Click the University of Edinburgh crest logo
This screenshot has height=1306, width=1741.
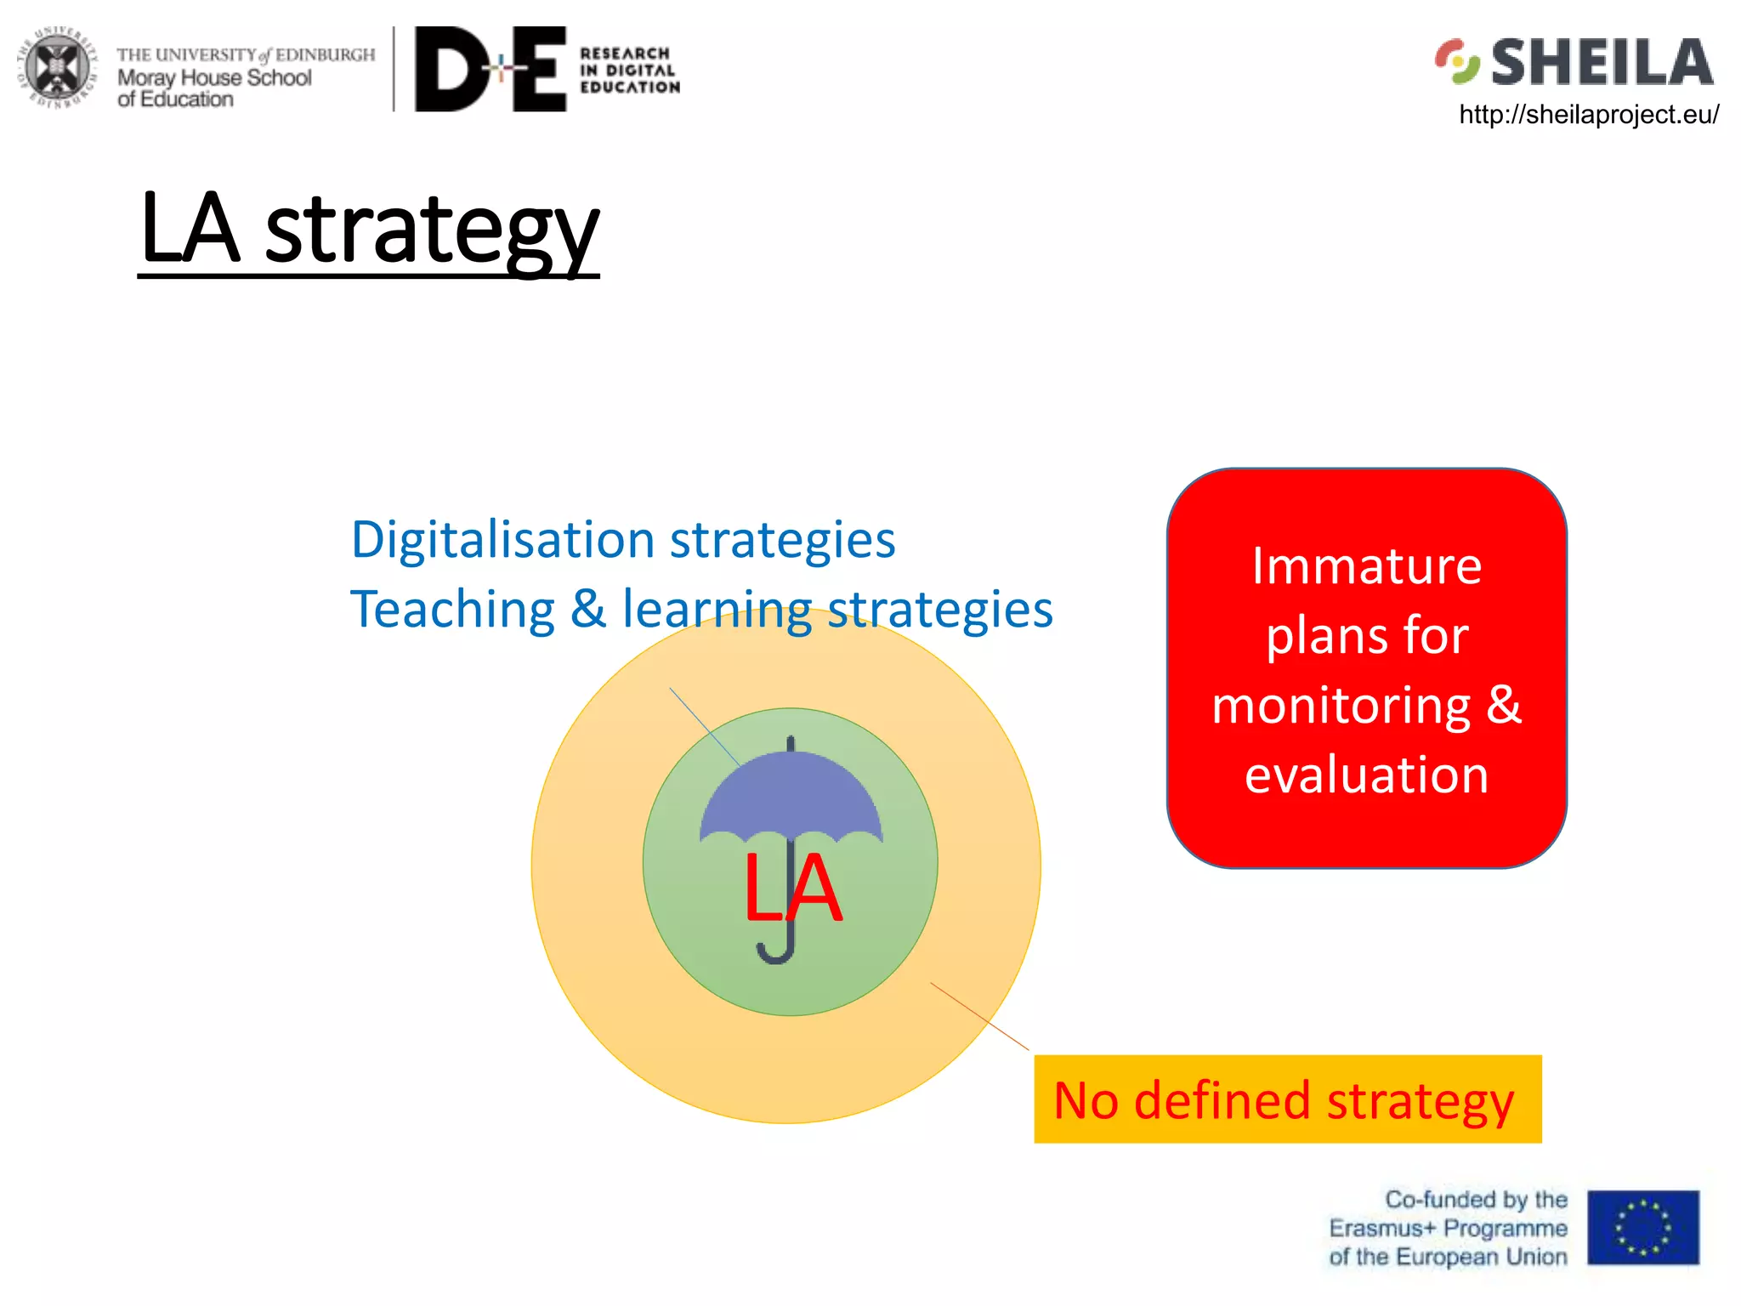pos(57,68)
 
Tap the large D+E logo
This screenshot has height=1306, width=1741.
pos(491,70)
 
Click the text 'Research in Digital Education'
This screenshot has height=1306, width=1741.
pos(629,71)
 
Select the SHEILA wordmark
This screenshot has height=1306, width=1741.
pos(1602,63)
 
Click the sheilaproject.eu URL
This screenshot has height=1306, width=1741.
pos(1588,115)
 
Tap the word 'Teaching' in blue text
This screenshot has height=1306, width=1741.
pos(453,610)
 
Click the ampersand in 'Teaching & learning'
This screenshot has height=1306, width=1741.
pos(588,610)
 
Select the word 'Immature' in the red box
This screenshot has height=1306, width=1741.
pos(1366,566)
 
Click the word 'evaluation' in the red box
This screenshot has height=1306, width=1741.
pos(1366,775)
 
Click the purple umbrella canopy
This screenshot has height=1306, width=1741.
pos(791,795)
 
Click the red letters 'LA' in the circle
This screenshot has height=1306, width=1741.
pos(792,889)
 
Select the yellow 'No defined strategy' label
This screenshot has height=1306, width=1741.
pos(1286,1100)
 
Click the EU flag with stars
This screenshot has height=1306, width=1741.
pos(1642,1228)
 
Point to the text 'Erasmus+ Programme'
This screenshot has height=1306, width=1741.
pos(1448,1229)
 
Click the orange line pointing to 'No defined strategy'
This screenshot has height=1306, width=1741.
pos(979,1016)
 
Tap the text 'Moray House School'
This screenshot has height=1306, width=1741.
pos(214,78)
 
